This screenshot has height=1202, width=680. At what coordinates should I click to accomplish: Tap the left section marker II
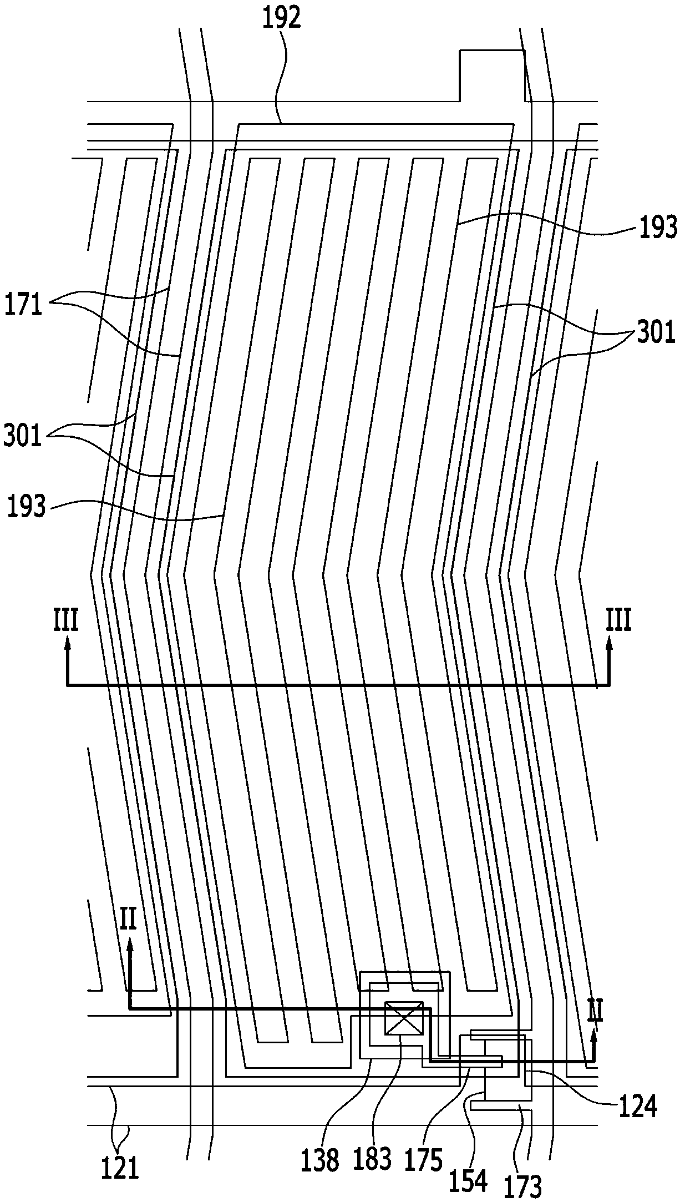coord(128,922)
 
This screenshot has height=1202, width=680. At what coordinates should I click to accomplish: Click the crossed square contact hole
coord(404,1019)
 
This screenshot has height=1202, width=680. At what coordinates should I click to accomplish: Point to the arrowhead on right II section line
coord(594,1032)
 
